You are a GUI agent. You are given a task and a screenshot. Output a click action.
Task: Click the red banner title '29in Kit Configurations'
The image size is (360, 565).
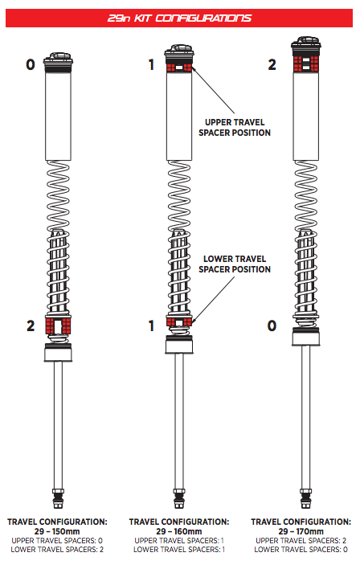click(179, 18)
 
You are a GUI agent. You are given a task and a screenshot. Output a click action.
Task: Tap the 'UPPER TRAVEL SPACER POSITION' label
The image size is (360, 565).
click(235, 128)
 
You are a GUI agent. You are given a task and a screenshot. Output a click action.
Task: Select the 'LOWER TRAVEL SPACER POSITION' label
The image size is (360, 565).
click(235, 264)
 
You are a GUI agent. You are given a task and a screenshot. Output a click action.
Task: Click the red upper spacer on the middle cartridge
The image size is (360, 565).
click(179, 68)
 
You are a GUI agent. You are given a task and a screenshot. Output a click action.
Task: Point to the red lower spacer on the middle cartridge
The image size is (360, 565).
click(179, 321)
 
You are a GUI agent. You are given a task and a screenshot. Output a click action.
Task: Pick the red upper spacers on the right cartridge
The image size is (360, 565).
click(305, 63)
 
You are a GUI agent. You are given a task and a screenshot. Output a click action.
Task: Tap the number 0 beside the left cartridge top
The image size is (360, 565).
click(31, 65)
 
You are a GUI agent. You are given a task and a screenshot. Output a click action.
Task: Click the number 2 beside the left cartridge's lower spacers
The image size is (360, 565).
click(31, 325)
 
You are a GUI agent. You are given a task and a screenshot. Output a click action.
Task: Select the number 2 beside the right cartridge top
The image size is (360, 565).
click(272, 65)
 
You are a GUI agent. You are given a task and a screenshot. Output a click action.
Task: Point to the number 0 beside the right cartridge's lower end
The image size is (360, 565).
click(272, 325)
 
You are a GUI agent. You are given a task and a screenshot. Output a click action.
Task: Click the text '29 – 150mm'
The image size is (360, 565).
click(57, 531)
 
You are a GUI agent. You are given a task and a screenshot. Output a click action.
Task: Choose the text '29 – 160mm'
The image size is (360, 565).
click(179, 531)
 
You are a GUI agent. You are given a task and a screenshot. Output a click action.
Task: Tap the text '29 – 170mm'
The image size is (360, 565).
click(301, 531)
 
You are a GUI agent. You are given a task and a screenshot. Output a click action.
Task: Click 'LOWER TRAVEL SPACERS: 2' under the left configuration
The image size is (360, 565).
click(57, 550)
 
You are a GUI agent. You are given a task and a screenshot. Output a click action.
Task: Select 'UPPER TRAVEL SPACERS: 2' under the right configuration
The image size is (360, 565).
click(301, 541)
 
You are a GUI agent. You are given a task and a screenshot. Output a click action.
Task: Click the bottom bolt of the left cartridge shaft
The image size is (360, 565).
click(58, 499)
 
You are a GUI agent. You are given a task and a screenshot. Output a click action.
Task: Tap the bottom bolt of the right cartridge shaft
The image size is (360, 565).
click(306, 499)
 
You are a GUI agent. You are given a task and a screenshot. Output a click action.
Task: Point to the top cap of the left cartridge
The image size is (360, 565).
click(58, 59)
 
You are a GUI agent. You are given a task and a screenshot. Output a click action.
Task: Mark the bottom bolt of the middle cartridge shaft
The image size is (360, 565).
click(179, 499)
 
